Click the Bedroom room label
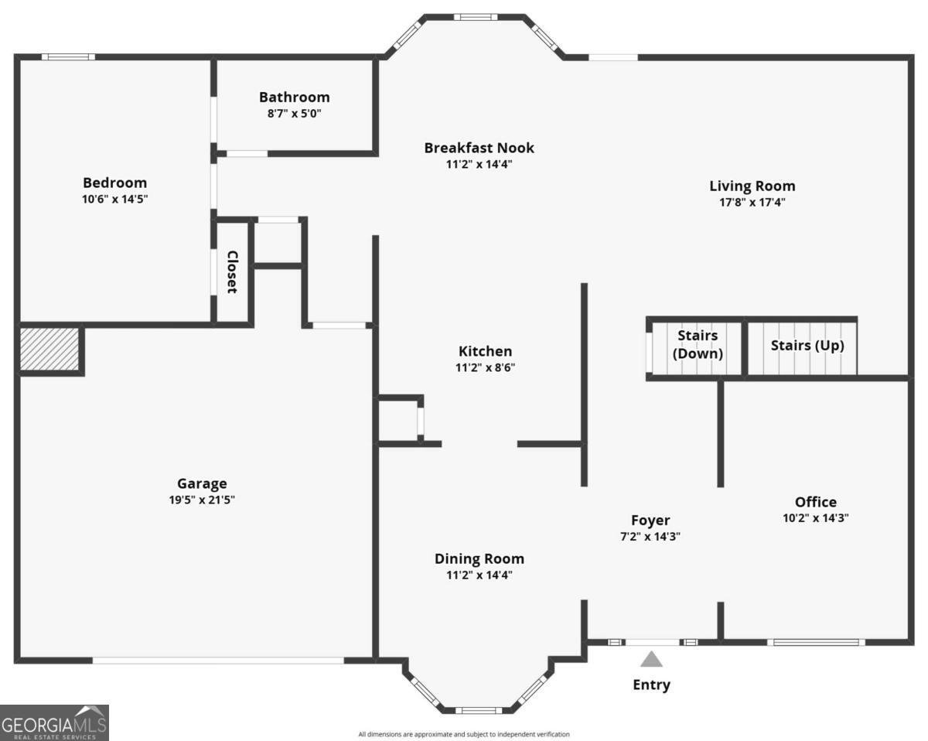114,183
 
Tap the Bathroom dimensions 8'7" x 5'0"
295,114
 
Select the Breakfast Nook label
479,148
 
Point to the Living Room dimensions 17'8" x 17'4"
752,203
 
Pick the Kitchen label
485,351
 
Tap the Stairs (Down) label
698,345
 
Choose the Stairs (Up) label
807,346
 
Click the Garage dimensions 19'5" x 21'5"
202,500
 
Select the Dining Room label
479,558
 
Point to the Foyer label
650,520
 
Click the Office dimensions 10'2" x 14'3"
815,518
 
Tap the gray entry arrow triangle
651,660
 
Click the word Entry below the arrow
651,685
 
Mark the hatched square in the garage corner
49,349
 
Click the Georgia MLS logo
54,723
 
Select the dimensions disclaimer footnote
463,734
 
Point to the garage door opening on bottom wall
218,661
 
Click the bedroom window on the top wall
68,57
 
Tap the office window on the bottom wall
816,643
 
